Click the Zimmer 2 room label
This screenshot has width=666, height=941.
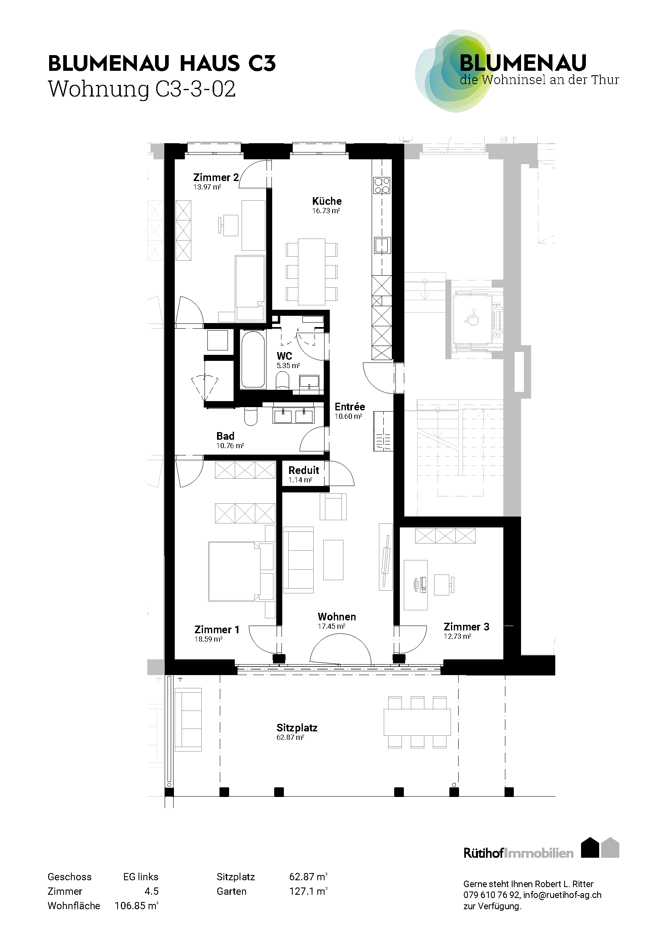coord(216,177)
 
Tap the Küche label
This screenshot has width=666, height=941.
coord(327,201)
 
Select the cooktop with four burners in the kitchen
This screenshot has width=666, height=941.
coord(381,185)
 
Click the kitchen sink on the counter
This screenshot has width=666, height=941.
coord(382,245)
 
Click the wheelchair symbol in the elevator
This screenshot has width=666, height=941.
coord(473,318)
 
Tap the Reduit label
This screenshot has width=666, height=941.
coord(304,470)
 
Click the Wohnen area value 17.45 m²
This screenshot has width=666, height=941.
coord(331,626)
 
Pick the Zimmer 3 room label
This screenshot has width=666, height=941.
coord(466,627)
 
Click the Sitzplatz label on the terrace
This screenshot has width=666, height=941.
coord(297,728)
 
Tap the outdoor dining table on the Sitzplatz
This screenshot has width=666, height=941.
coord(417,722)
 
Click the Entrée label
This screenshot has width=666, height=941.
coord(350,407)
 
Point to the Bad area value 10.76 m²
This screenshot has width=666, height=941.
coord(230,446)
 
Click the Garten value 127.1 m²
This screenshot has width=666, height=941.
coord(308,892)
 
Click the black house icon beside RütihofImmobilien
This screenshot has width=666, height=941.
coord(590,848)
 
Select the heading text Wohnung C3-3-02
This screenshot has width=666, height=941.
coord(142,89)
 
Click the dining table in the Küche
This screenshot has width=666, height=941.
coord(312,272)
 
